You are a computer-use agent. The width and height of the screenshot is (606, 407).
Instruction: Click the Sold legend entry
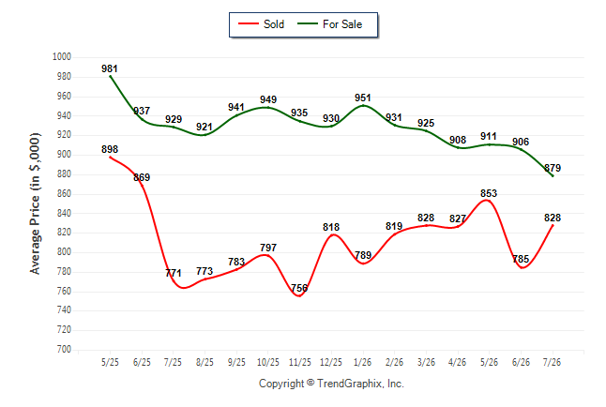[262, 24]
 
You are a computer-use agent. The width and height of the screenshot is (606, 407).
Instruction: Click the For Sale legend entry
[329, 24]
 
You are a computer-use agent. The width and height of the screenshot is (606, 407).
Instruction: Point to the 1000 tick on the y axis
[62, 57]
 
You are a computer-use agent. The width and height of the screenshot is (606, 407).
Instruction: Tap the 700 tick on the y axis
[64, 349]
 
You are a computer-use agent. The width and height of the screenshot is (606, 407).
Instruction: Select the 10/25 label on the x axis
[268, 362]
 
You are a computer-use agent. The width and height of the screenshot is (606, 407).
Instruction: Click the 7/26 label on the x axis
[552, 362]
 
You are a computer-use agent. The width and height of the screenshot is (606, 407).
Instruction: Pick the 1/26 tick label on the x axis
[362, 362]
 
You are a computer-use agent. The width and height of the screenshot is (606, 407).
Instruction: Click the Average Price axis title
[35, 203]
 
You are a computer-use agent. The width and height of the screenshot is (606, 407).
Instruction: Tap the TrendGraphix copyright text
[331, 384]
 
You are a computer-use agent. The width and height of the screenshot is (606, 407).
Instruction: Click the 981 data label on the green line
[110, 68]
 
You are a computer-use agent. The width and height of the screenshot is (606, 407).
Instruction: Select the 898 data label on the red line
[110, 149]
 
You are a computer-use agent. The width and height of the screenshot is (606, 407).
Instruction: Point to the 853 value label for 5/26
[489, 193]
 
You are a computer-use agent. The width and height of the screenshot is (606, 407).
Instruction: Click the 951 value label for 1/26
[362, 98]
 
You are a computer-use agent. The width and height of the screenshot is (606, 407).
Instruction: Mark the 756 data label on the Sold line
[299, 288]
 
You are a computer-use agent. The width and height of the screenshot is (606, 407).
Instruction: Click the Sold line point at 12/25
[331, 235]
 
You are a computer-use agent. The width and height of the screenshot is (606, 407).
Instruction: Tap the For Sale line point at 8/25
[205, 134]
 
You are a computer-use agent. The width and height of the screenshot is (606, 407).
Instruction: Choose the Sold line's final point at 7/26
[553, 225]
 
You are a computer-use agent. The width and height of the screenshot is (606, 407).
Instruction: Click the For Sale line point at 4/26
[458, 147]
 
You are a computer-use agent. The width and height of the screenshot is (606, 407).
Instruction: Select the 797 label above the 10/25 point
[268, 248]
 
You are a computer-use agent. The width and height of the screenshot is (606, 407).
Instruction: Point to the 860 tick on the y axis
[64, 193]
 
